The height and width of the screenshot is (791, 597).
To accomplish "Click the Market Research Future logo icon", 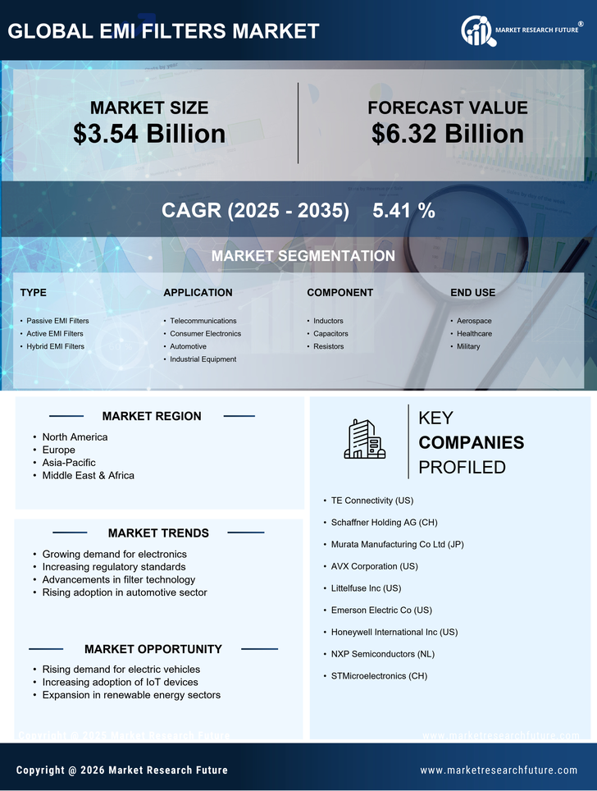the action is tap(476, 30).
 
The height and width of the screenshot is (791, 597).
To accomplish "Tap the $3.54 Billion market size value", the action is tap(149, 134).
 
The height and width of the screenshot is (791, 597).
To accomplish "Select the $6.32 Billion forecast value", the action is tap(447, 134).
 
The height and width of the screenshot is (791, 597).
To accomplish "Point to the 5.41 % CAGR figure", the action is tap(403, 210).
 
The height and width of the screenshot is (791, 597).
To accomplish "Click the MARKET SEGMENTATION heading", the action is tap(303, 256).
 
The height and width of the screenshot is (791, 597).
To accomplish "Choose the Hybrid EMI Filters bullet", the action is tap(55, 346).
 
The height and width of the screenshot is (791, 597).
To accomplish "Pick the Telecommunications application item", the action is tap(203, 321).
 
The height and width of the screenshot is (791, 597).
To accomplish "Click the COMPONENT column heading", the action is tap(340, 293).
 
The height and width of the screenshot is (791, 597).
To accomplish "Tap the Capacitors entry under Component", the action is tap(330, 334).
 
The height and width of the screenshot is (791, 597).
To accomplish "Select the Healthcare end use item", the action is tap(474, 334).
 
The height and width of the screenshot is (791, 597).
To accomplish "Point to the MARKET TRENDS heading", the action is tap(158, 533).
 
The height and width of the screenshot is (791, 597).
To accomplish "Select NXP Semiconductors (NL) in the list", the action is tap(382, 654).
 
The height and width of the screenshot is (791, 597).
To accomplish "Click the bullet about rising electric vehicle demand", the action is tap(121, 670).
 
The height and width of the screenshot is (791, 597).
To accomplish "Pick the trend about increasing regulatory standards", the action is tap(114, 567).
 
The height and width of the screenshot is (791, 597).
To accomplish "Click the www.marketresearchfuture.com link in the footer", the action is tap(499, 770).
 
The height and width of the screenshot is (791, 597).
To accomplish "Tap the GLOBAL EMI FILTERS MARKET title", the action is tap(163, 31).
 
